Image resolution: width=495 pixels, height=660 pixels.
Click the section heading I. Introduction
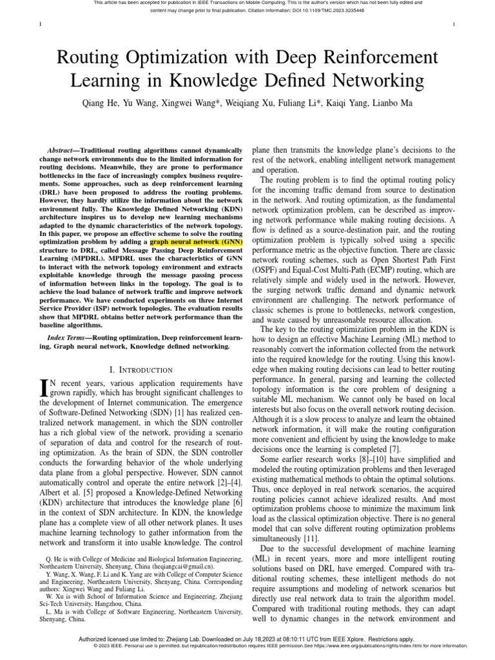(x=142, y=370)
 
